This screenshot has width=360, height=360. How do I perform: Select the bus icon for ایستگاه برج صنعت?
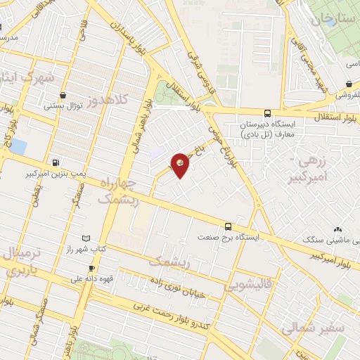(227, 226)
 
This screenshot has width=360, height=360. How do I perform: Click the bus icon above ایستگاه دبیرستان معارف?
(266, 113)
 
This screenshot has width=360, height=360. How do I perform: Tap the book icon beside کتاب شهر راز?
(86, 240)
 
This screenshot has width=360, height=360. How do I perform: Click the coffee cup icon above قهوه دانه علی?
(91, 269)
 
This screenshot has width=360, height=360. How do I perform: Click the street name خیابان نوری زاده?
(179, 287)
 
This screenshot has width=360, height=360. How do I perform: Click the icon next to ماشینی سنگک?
(338, 229)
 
